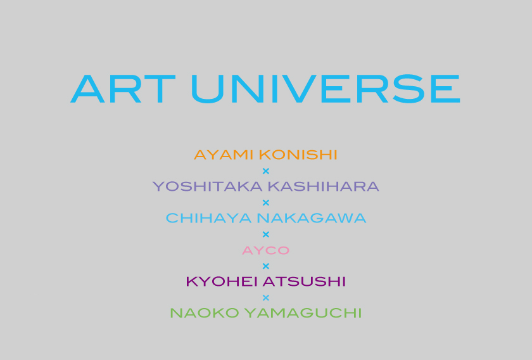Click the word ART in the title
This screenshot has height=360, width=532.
123,89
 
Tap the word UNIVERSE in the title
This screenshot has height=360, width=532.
326,89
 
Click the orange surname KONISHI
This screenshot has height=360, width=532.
298,155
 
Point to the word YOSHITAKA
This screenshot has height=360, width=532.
208,186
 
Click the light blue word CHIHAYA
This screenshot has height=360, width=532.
208,218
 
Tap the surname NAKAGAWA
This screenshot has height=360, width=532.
312,218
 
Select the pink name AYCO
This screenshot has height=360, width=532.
265,250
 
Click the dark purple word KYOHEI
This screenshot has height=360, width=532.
222,281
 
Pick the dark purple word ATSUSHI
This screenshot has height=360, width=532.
305,281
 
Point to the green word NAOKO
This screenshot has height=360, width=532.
204,313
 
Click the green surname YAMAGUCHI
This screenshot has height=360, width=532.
303,313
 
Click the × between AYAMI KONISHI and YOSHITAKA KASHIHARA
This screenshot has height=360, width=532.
266,171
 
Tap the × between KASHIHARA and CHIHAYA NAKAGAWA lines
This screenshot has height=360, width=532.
266,203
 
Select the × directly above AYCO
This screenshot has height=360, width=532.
266,235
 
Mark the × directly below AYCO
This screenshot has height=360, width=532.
266,266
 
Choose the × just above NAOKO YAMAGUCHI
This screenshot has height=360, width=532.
266,298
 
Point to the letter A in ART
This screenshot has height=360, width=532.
87,89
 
